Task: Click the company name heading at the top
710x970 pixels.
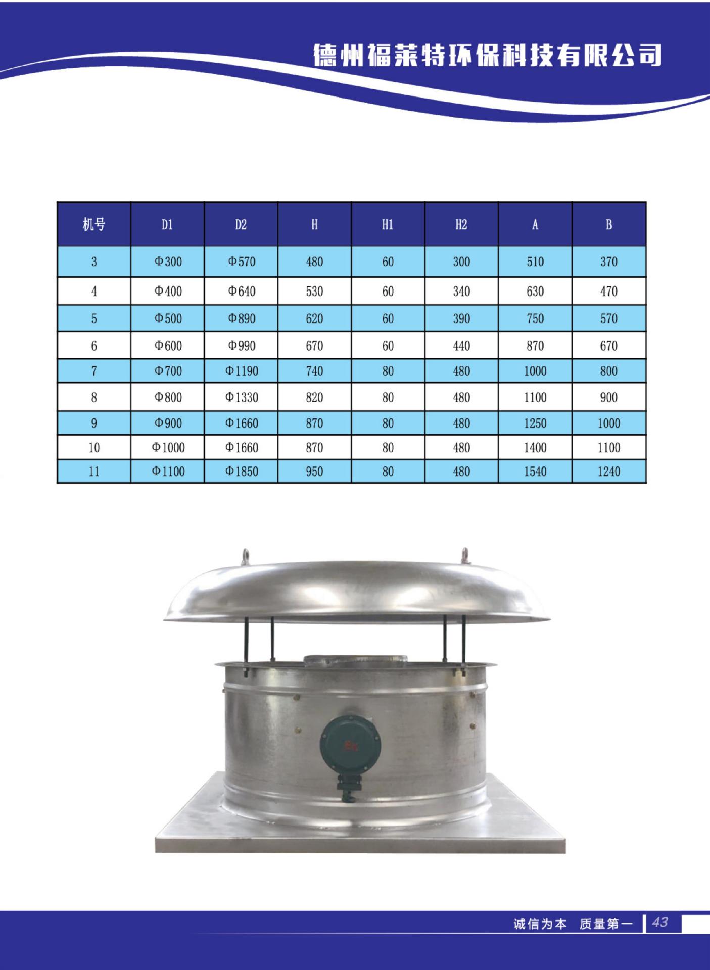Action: [487, 56]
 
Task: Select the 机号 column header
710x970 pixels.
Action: [94, 224]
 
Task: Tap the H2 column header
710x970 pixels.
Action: [461, 224]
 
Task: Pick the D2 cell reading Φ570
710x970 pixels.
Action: [242, 262]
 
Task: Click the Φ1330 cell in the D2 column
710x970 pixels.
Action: [242, 397]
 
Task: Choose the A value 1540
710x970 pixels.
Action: [535, 471]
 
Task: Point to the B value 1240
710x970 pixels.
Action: [609, 471]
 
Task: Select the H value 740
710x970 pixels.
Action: [314, 371]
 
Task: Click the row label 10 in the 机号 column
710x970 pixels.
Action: [94, 447]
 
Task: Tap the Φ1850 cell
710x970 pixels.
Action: [242, 471]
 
